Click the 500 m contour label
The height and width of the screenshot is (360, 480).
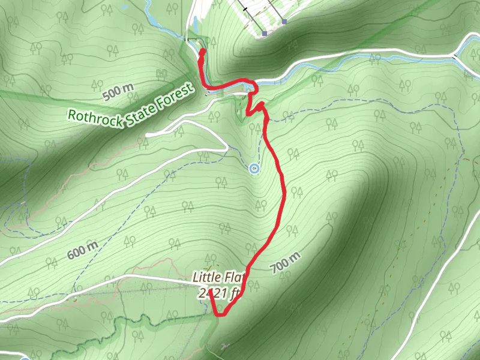click(x=118, y=91)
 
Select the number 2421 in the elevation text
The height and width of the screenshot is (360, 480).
click(x=213, y=293)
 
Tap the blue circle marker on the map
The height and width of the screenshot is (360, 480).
click(x=254, y=169)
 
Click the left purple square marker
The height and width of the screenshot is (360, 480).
click(x=265, y=34)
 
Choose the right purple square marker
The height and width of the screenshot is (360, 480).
click(x=284, y=22)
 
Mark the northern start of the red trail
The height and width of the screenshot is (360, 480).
click(x=202, y=52)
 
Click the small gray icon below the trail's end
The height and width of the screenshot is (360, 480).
click(x=224, y=346)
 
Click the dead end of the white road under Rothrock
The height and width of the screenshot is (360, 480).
click(x=148, y=134)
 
